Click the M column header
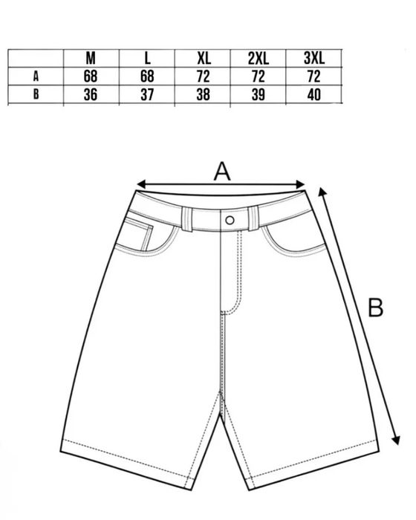point(91,59)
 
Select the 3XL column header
point(313,59)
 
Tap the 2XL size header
point(258,59)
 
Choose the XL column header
point(204,59)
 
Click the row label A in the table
point(36,77)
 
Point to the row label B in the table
point(36,94)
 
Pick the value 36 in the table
point(91,95)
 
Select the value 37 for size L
point(147,95)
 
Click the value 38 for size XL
point(203,95)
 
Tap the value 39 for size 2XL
point(258,95)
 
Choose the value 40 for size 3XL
point(313,95)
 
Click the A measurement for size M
point(91,77)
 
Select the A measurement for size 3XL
point(313,77)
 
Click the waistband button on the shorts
point(230,220)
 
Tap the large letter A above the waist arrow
point(222,171)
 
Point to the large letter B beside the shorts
point(376,308)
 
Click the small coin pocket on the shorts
point(140,233)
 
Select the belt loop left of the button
point(187,219)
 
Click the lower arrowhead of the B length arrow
point(396,440)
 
